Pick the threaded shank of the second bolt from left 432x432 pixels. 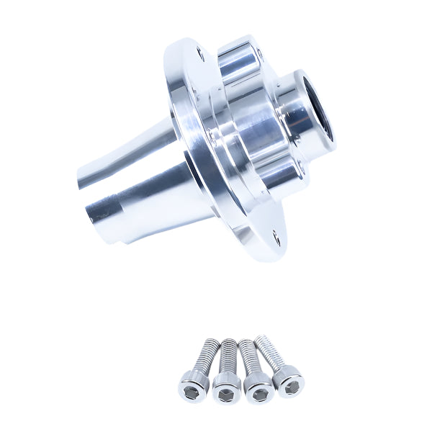click(229, 354)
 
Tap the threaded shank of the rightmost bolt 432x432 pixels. click(270, 349)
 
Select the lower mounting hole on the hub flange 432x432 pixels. click(275, 233)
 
